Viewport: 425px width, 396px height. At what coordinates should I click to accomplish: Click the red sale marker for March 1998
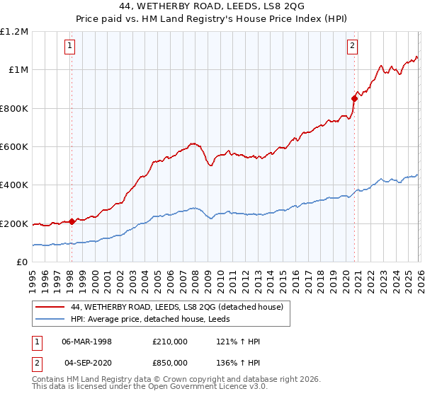pos(72,221)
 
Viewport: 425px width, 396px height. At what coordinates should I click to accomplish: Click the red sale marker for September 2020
pos(354,98)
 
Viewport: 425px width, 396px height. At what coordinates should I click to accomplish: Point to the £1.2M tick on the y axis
pos(14,32)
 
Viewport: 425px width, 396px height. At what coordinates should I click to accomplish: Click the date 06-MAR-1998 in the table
pos(86,341)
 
